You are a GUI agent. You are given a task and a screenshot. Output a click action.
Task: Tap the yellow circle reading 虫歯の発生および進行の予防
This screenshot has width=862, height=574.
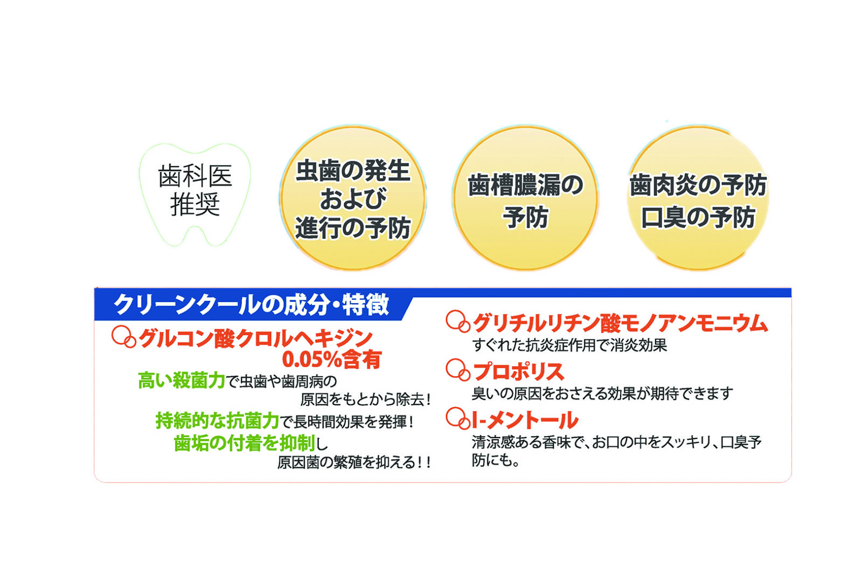point(353,197)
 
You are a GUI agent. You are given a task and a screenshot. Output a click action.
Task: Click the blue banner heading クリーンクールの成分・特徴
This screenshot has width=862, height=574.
point(252,305)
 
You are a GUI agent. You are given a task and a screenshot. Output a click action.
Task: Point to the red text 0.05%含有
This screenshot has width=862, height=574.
point(332,359)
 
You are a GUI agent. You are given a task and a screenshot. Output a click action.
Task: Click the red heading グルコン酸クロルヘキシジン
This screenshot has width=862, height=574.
point(255,338)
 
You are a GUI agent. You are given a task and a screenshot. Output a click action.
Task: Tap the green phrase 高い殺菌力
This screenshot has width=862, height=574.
point(181,381)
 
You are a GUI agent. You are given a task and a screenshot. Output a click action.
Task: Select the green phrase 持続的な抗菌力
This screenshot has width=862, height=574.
point(218,421)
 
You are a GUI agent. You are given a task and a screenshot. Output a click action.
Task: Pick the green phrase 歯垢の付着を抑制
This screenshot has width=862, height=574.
point(245,442)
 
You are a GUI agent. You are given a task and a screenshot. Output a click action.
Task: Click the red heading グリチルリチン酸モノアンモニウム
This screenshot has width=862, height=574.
point(620,323)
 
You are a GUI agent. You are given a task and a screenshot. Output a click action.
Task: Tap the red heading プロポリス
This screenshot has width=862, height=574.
point(518,371)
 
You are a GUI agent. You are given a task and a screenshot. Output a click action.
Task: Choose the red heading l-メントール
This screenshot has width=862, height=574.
point(525,420)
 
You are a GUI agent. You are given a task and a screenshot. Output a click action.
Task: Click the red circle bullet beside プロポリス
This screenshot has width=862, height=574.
point(457,370)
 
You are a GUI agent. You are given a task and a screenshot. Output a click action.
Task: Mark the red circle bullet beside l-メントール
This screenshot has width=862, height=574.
point(457,418)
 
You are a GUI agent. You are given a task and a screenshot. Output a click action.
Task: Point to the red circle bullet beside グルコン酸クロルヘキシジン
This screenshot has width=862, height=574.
point(123,337)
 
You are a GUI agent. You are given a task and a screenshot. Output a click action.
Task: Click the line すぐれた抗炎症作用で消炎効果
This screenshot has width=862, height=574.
point(569,345)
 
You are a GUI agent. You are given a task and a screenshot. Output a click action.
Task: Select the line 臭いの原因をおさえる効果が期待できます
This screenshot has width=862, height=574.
point(603,393)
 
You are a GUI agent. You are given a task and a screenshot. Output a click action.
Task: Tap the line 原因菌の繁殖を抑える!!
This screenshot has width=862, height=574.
point(353,462)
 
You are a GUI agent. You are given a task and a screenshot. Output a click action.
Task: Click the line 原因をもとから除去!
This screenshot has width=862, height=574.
point(365,399)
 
